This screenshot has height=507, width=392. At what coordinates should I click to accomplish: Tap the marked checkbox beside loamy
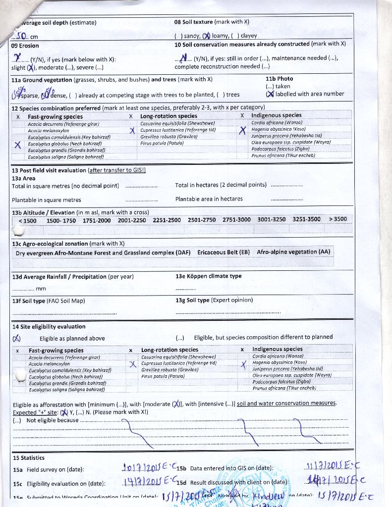tap(206, 36)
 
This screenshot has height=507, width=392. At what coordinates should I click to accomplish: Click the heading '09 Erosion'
tap(25, 46)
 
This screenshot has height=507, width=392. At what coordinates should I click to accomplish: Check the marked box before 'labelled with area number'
tap(270, 94)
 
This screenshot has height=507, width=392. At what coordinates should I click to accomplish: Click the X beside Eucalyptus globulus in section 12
tap(18, 145)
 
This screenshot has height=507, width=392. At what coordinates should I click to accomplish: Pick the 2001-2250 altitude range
tap(132, 220)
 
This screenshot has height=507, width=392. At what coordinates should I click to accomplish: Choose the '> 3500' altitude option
tap(338, 219)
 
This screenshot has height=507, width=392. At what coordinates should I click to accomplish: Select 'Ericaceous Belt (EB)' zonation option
tap(224, 253)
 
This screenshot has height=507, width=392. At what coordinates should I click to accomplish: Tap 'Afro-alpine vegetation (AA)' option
tap(293, 252)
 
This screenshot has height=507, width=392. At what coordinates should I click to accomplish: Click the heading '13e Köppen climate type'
tap(208, 276)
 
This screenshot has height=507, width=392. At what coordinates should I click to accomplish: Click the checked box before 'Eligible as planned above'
tap(17, 338)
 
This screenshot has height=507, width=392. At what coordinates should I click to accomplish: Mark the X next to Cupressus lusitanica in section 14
tap(132, 365)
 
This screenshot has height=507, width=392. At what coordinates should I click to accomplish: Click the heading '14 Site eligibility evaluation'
tap(49, 327)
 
